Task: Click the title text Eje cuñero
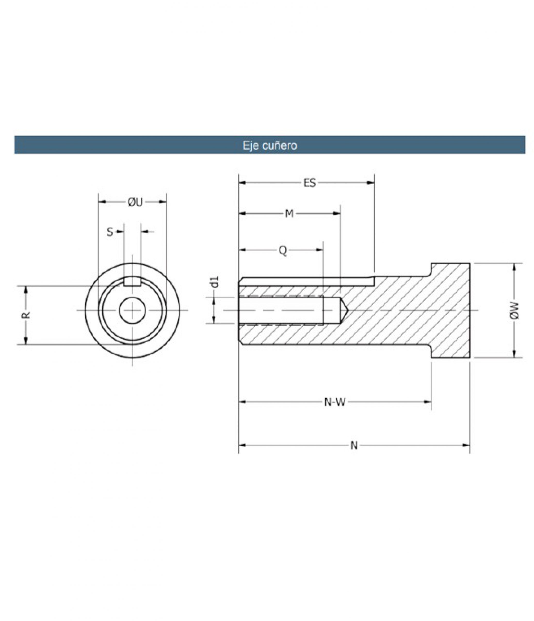[269, 145]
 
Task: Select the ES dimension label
[310, 183]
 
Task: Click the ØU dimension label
[135, 202]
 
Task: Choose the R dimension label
[26, 315]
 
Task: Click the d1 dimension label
[215, 283]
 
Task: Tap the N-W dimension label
[335, 402]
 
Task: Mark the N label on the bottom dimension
[354, 446]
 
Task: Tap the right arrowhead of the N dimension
[466, 445]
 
